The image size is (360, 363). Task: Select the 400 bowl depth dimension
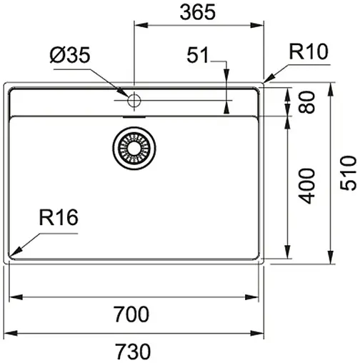coord(307,187)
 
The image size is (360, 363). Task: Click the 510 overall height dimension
coord(348,174)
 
